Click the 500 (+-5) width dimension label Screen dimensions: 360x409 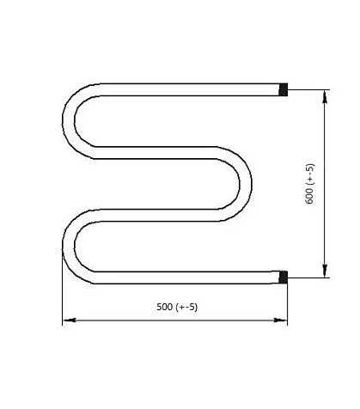(x=177, y=307)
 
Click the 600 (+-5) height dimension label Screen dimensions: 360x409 (x=310, y=184)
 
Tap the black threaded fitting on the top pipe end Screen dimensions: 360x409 (x=284, y=89)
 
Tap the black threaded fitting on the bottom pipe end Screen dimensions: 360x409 (x=284, y=278)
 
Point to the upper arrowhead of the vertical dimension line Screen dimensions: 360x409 (x=325, y=96)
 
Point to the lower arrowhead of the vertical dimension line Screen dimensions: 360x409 (x=325, y=271)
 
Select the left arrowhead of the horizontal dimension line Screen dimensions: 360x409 (x=70, y=320)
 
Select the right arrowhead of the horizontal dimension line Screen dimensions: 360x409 (x=280, y=320)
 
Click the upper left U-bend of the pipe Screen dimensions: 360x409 (x=69, y=121)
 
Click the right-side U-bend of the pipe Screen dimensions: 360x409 (x=246, y=184)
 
